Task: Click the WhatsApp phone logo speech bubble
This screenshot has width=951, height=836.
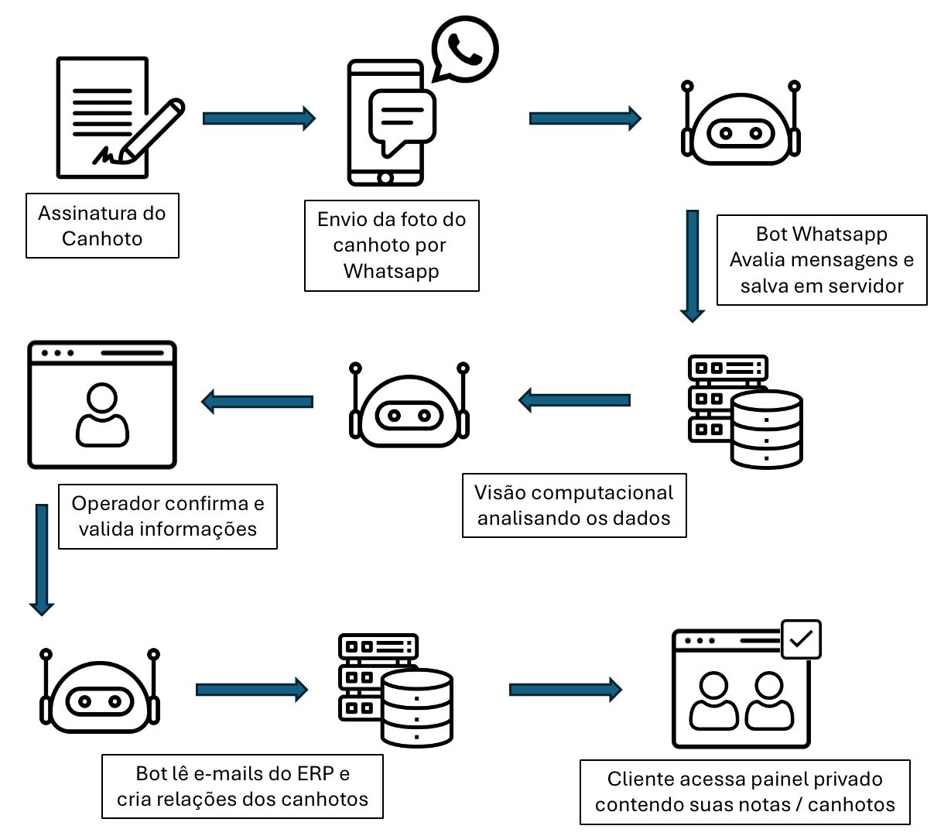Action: coord(464,50)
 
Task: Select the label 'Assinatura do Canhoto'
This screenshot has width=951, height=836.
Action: coord(102,225)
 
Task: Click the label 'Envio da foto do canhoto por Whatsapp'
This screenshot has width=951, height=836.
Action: coord(392,245)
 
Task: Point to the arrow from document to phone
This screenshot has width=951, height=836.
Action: coord(258,118)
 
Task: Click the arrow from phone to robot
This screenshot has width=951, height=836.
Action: coord(585,118)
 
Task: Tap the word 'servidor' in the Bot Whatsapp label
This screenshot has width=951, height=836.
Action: coord(865,286)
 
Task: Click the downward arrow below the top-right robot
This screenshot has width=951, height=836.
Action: coord(693,266)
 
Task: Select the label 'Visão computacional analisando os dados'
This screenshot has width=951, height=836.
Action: coord(574,505)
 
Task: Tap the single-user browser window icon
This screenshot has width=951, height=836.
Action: coord(102,405)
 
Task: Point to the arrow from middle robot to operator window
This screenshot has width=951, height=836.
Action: coord(258,402)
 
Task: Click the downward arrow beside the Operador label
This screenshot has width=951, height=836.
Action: coord(42,559)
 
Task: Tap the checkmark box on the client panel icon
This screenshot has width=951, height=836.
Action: coord(801,639)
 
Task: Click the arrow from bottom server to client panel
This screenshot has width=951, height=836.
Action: coord(565,690)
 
